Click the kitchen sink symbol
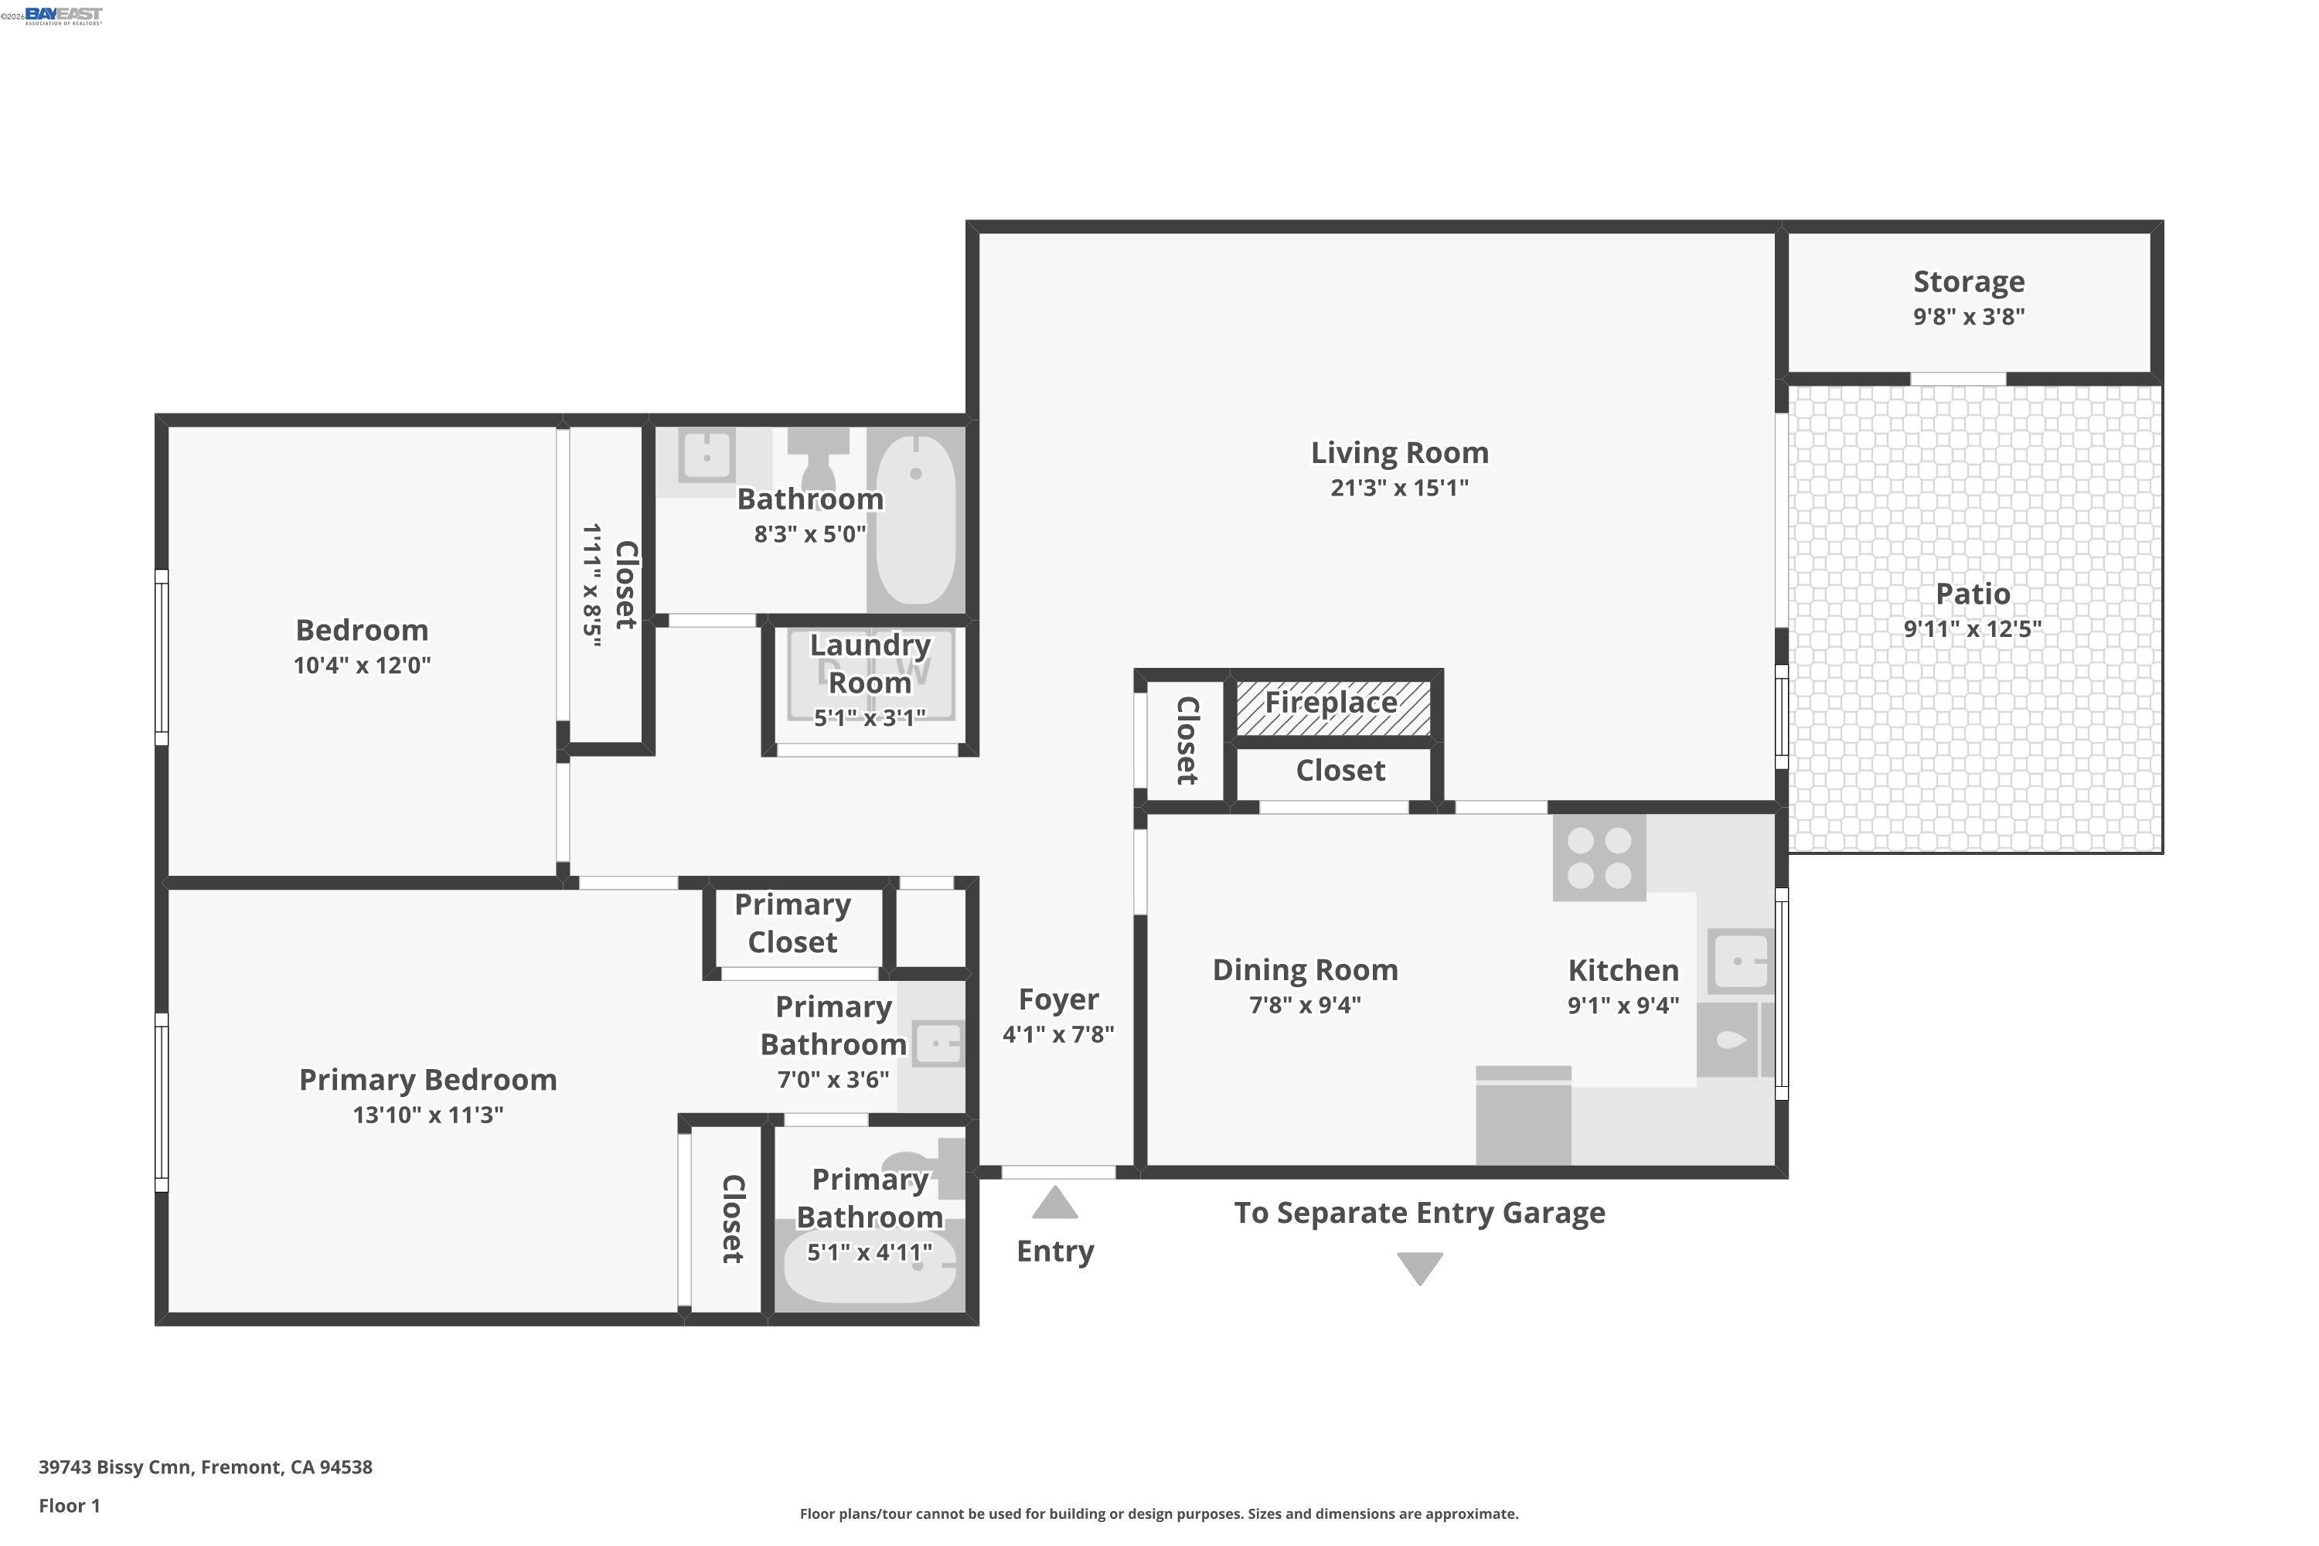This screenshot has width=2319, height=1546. pos(1739,960)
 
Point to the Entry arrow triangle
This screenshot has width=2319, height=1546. pos(1054,1203)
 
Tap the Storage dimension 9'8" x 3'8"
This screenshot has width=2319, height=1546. pos(1968,316)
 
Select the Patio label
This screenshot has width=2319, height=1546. pos(1972,594)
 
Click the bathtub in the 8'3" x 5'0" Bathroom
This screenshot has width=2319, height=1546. pos(916,519)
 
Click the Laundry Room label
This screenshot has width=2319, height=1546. pos(869,663)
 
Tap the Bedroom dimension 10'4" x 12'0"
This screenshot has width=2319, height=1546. pos(362,666)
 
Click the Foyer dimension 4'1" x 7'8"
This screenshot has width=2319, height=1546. pos(1058,1034)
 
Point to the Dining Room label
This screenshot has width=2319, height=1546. pos(1305,970)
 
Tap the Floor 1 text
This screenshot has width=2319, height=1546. pos(69,1506)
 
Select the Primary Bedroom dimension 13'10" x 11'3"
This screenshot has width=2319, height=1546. pos(428,1115)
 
